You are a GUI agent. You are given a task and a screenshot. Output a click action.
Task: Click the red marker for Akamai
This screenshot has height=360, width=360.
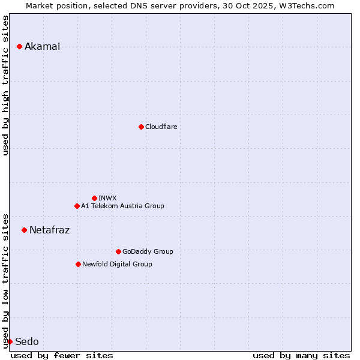tap(19, 46)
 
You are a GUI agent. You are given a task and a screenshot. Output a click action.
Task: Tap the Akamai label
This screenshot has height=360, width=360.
tap(42, 47)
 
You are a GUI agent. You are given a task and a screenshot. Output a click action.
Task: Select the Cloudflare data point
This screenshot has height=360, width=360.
tap(141, 127)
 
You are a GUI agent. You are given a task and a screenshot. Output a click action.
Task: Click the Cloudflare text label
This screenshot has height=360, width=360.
tap(161, 127)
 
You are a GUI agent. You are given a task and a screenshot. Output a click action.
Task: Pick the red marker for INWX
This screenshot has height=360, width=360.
tap(94, 198)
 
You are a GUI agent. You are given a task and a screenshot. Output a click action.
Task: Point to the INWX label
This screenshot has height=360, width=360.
tap(107, 198)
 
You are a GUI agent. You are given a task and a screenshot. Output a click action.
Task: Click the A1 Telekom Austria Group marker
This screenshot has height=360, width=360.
tap(77, 206)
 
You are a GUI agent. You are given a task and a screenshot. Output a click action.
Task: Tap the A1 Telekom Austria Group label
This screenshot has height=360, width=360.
tap(122, 206)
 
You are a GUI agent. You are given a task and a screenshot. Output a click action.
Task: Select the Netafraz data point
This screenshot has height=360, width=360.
tap(24, 230)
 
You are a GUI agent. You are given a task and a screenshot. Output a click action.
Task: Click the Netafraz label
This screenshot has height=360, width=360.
tap(49, 230)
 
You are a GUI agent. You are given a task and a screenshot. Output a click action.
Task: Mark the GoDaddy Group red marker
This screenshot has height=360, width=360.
tap(118, 251)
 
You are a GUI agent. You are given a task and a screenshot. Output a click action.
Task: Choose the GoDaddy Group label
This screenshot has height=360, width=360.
tap(148, 251)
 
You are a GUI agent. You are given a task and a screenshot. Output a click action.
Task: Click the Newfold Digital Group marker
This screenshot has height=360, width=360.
tap(78, 264)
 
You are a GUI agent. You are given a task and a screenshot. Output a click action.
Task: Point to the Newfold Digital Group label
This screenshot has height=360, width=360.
tap(117, 264)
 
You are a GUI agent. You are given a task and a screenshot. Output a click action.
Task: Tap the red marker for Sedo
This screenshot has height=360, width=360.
tap(10, 341)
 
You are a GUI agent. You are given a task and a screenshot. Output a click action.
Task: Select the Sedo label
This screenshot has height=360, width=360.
tap(26, 342)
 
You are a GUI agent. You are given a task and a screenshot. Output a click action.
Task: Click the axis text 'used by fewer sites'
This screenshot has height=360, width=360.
tap(62, 355)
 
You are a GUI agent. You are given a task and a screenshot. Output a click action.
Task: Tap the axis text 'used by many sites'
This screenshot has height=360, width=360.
tap(301, 355)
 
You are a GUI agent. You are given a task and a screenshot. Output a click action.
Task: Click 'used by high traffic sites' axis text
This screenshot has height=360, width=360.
tap(6, 85)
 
